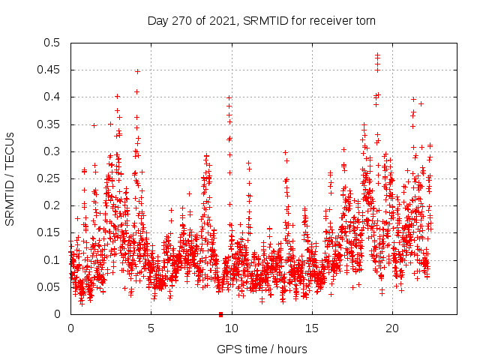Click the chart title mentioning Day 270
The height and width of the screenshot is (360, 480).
[x=261, y=20]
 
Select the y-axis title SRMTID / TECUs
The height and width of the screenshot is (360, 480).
[x=10, y=178]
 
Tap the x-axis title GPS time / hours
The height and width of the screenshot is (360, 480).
[x=262, y=349]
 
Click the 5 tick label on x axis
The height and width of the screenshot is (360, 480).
[x=151, y=328]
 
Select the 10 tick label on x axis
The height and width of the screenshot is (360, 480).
[x=232, y=328]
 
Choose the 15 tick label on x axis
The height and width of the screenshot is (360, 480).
[x=312, y=328]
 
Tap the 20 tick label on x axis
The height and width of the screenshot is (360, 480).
[x=392, y=328]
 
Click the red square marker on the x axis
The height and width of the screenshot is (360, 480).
[x=220, y=314]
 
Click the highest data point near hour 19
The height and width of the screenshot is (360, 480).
[x=377, y=55]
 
